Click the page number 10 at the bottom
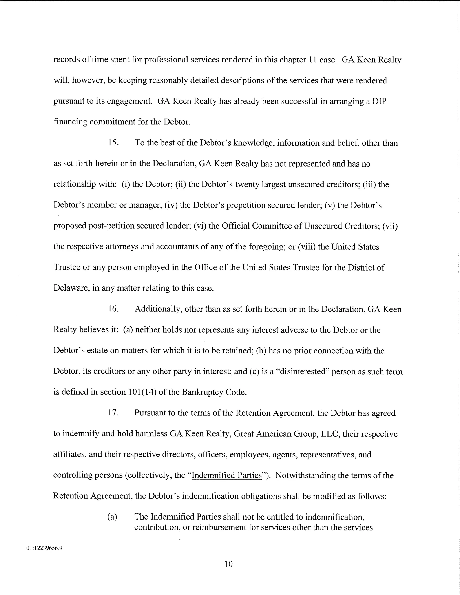click(x=228, y=564)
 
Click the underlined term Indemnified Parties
click(x=227, y=475)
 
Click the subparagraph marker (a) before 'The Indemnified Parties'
click(x=112, y=517)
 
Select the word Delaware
click(x=71, y=288)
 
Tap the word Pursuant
click(x=150, y=413)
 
